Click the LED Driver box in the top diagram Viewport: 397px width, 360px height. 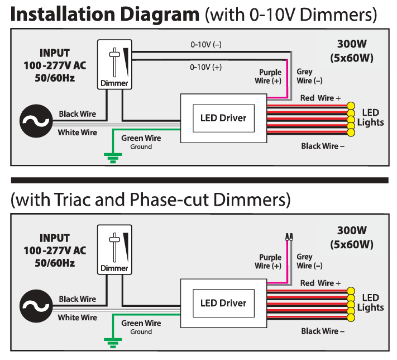click(x=223, y=118)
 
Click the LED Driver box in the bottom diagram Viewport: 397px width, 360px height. click(x=223, y=303)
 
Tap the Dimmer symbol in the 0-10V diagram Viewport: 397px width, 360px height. click(x=114, y=64)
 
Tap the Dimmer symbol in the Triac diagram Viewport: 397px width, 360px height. click(x=114, y=249)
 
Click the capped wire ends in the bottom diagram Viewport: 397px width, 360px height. click(x=289, y=238)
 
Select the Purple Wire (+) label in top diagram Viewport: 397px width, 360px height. click(x=270, y=77)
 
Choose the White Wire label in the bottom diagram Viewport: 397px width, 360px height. click(x=78, y=318)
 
